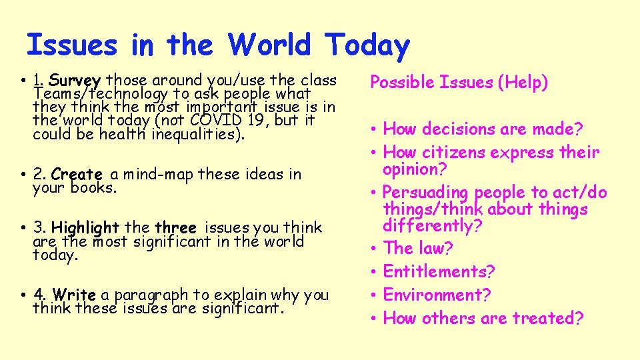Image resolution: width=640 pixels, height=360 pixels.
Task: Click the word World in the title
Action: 269,45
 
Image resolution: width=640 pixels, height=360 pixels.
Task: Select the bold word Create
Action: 76,175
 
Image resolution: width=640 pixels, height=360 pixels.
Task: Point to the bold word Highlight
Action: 85,227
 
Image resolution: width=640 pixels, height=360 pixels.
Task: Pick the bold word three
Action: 175,227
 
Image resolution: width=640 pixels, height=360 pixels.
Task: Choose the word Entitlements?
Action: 439,271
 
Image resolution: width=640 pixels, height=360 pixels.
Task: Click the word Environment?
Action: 437,295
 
